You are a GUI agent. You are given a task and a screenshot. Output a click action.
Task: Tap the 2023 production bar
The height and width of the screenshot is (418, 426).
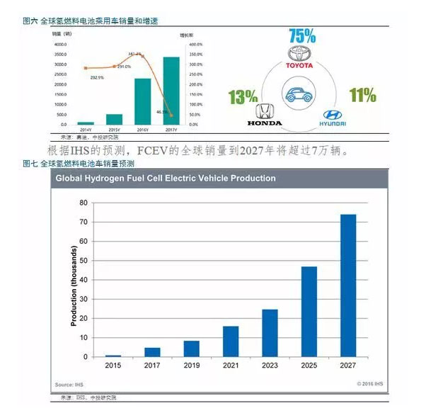[270, 332]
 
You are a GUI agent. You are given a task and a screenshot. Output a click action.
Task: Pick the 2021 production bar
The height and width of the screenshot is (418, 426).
[231, 341]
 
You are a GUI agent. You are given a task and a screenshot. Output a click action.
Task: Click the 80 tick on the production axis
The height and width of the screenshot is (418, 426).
[83, 203]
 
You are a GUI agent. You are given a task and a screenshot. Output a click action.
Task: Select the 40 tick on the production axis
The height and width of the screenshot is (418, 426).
[83, 280]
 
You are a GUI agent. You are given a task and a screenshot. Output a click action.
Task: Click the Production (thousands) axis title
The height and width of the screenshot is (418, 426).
[74, 286]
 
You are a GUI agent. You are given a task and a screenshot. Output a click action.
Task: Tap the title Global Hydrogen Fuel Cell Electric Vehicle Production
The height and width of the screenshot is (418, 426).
[166, 179]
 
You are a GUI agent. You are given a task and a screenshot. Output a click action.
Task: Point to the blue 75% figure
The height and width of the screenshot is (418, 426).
[302, 35]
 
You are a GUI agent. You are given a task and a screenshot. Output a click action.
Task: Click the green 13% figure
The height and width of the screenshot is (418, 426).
[242, 96]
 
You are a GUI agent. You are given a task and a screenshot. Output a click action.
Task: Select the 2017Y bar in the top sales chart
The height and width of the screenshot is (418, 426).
[171, 91]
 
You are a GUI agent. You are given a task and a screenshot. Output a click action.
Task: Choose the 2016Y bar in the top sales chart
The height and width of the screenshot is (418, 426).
[142, 101]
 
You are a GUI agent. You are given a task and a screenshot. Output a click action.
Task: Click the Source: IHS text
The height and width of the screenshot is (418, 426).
[69, 385]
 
